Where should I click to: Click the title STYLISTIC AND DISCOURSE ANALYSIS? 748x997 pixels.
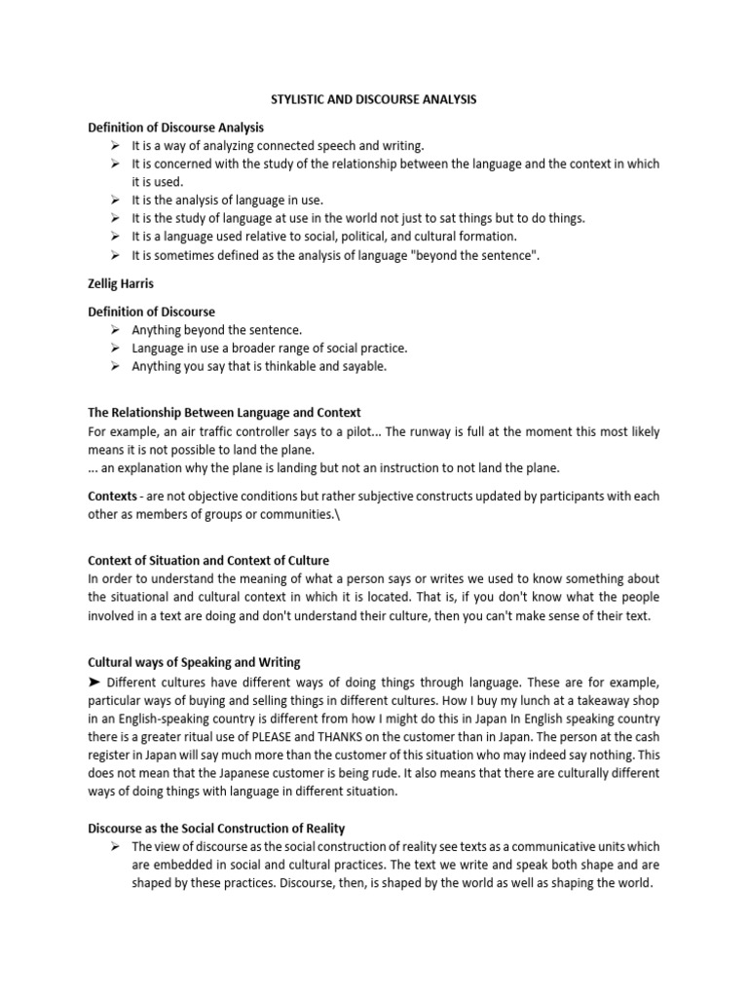point(373,98)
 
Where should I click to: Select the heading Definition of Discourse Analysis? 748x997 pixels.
point(175,128)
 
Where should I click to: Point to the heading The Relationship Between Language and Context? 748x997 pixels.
point(224,413)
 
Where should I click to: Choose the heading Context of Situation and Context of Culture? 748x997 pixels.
point(208,561)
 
